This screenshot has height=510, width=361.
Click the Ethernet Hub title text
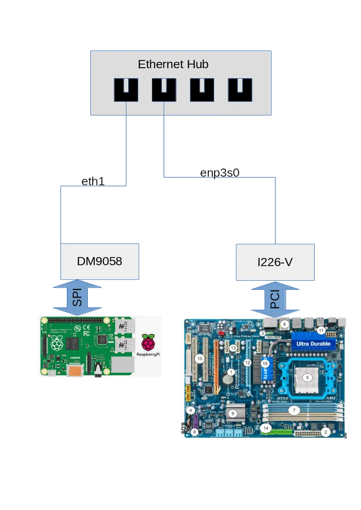tap(173, 64)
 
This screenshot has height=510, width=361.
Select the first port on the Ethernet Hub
tap(126, 90)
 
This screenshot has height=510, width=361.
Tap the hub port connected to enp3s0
tap(164, 90)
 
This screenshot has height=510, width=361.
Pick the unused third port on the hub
tap(202, 90)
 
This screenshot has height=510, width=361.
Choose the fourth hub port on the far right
tap(240, 90)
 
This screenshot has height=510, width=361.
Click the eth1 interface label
tap(93, 182)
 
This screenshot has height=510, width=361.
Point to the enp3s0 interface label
tap(221, 172)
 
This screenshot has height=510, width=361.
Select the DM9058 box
tap(100, 262)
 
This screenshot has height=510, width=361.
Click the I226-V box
tap(275, 262)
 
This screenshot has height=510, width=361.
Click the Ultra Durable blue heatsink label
tap(314, 343)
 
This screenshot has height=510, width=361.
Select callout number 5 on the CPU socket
tap(307, 377)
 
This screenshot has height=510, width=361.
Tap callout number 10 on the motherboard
tap(199, 359)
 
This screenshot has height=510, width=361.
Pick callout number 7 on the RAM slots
tap(294, 410)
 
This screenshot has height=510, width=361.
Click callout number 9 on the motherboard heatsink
tap(233, 413)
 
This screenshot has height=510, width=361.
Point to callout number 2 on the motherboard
tap(327, 431)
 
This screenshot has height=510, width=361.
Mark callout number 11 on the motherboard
tap(321, 330)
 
